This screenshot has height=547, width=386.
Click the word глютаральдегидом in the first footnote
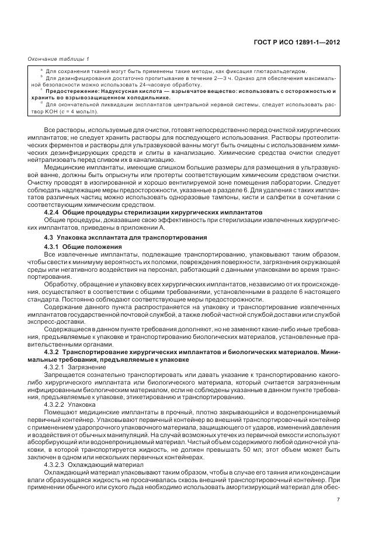click(x=281, y=71)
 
